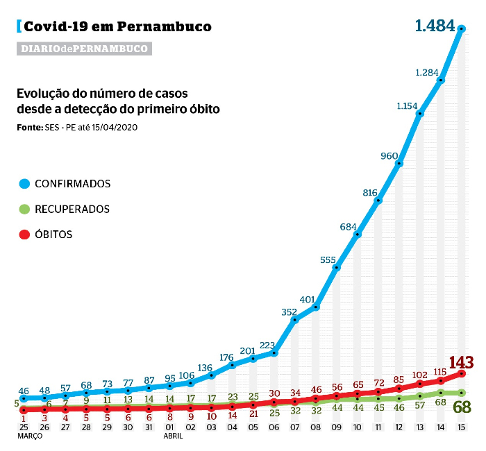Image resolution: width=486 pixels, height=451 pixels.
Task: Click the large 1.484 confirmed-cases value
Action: [435, 26]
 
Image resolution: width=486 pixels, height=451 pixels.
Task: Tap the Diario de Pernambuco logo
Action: [84, 49]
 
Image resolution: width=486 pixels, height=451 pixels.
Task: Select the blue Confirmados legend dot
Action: [24, 184]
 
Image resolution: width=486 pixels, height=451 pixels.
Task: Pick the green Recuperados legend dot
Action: [24, 209]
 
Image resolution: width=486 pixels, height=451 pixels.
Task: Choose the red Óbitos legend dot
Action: [24, 235]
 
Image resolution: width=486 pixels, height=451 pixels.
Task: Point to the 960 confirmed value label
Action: [389, 155]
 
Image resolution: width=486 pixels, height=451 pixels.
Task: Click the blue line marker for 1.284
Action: [441, 81]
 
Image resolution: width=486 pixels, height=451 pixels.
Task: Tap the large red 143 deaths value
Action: [461, 362]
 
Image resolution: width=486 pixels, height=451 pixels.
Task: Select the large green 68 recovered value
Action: [461, 407]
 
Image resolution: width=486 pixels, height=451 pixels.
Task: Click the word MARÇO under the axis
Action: [31, 437]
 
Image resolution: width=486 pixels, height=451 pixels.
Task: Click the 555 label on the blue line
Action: [328, 259]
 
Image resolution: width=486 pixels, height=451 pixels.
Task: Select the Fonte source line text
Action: [76, 128]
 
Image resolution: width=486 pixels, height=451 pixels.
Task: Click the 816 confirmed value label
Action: [369, 193]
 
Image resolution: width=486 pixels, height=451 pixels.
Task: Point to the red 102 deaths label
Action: [419, 375]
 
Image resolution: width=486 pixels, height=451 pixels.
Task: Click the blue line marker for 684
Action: [358, 235]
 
